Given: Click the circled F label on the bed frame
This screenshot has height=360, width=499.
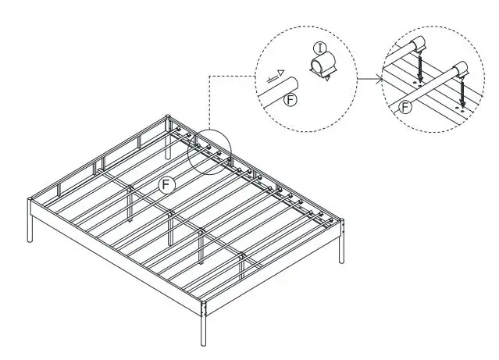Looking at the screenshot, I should pyautogui.click(x=165, y=184).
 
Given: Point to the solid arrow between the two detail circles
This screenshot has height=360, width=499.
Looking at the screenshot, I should pyautogui.click(x=371, y=77).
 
